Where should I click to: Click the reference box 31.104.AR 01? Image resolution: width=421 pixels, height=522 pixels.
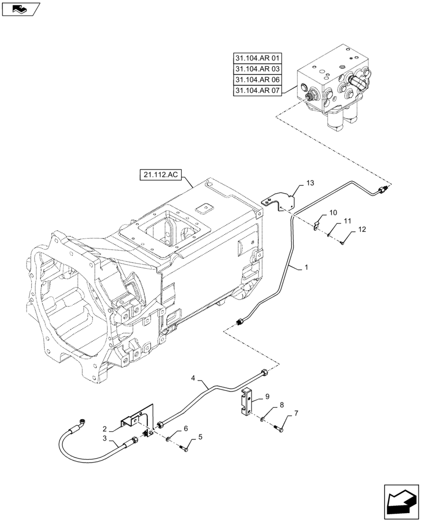(257, 57)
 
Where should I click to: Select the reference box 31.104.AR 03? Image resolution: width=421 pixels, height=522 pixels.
(257, 68)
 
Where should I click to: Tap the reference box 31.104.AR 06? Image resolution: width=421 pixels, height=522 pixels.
(257, 80)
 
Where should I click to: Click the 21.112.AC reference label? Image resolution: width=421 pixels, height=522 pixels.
(159, 175)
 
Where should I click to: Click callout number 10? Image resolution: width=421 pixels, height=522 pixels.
(332, 212)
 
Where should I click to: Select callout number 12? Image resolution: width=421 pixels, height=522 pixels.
(362, 230)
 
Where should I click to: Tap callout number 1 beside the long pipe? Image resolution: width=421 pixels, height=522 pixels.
(306, 267)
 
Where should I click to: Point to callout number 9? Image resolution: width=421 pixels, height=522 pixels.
(267, 397)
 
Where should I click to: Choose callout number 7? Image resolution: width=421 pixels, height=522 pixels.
(296, 413)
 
